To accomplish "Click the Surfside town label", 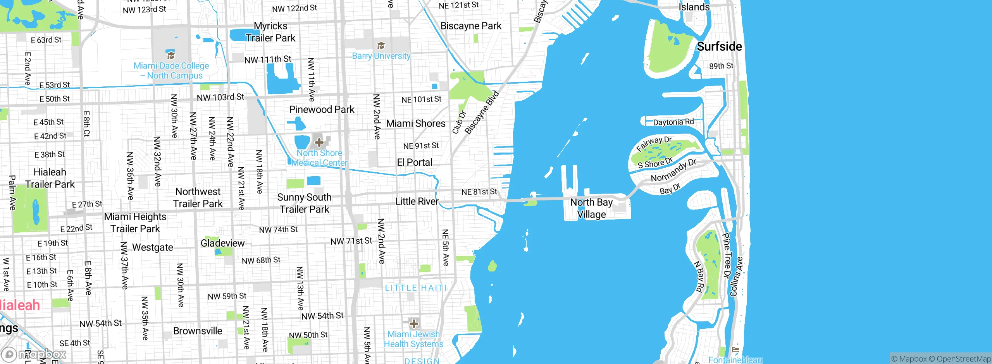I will click(x=719, y=46).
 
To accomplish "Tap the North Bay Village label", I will click(x=591, y=208).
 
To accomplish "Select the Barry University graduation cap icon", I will click(x=381, y=46).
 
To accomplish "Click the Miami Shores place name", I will click(x=416, y=124).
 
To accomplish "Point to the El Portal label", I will click(x=415, y=162).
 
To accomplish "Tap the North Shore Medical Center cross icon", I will click(x=319, y=142).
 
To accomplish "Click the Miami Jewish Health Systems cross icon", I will click(x=413, y=323).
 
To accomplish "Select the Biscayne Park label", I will click(x=471, y=26).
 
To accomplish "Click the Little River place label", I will click(x=417, y=201).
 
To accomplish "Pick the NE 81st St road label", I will click(x=479, y=192).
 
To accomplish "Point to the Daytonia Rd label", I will click(x=673, y=122).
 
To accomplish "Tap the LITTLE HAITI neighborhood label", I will click(x=416, y=288).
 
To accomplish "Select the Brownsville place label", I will click(x=198, y=331).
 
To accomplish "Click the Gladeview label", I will click(x=222, y=243).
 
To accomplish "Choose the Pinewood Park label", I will click(x=322, y=110).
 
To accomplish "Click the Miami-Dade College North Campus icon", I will click(x=170, y=55).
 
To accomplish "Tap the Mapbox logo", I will click(x=34, y=354).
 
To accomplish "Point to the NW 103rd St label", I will click(x=220, y=97).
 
